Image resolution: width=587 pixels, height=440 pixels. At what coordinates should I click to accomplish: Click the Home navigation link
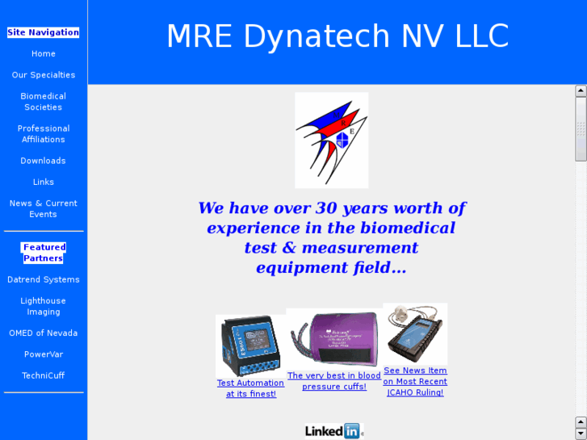44,54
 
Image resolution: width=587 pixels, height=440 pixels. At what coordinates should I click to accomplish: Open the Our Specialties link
44,75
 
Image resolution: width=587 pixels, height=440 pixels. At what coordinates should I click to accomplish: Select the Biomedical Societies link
44,102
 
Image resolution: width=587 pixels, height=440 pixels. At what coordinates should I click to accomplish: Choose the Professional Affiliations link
44,134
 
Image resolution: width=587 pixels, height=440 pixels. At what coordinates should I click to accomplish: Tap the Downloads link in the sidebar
44,161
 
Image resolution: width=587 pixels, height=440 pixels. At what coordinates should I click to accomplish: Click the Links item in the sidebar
44,182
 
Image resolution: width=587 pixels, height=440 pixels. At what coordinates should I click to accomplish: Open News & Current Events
44,209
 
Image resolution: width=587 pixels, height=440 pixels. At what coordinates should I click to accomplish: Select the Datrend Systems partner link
44,279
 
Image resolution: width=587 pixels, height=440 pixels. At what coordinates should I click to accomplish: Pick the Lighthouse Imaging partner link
44,306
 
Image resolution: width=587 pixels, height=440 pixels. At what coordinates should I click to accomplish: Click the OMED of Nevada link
44,333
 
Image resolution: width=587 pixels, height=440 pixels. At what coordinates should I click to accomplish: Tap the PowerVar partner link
44,354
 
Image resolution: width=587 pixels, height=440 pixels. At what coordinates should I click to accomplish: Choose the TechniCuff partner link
44,375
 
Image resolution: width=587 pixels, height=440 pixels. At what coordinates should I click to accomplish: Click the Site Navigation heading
44,32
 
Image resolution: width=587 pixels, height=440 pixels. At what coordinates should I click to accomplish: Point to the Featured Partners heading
44,253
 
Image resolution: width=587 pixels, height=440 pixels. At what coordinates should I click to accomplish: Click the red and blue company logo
331,140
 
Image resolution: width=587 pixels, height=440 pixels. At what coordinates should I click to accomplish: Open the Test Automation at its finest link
251,388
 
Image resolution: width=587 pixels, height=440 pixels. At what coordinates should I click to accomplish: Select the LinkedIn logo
333,431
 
